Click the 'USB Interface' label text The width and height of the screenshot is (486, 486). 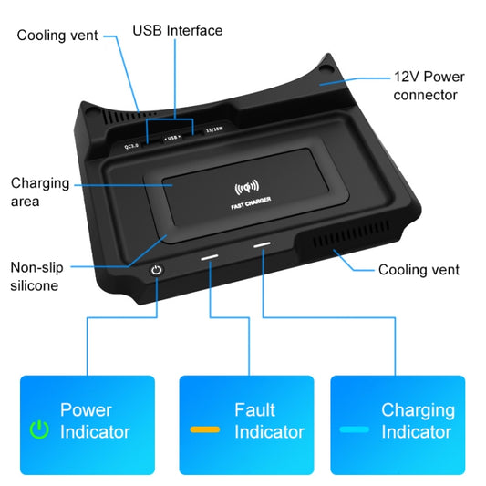point(177,30)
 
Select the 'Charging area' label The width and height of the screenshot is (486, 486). point(40,191)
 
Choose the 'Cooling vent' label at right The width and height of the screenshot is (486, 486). point(419,269)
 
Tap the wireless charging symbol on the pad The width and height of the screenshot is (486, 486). point(247,191)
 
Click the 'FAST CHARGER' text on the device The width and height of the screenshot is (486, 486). point(247,207)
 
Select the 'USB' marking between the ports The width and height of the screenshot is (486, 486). point(172,138)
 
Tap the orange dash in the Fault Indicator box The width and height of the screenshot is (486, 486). point(204,429)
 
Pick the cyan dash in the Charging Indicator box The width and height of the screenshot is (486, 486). point(354,429)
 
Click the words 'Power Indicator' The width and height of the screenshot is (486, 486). point(95,420)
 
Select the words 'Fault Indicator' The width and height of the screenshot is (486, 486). point(269,420)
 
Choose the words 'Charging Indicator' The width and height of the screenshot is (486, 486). point(418,420)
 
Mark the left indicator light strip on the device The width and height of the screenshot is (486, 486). point(210,258)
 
